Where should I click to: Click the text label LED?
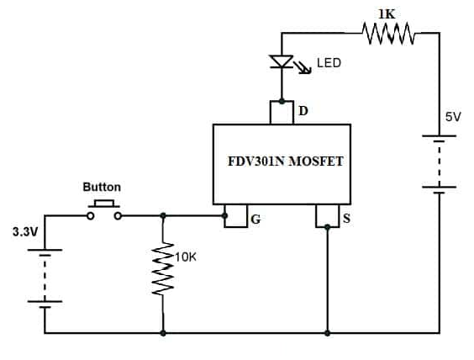(x=328, y=63)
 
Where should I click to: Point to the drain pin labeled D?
(x=281, y=113)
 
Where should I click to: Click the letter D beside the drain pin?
(x=303, y=111)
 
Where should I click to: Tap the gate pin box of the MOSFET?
(x=235, y=217)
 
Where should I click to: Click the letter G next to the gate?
(x=255, y=220)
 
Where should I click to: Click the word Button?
(x=102, y=187)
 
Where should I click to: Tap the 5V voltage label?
(x=453, y=117)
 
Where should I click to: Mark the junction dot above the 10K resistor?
(x=162, y=215)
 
